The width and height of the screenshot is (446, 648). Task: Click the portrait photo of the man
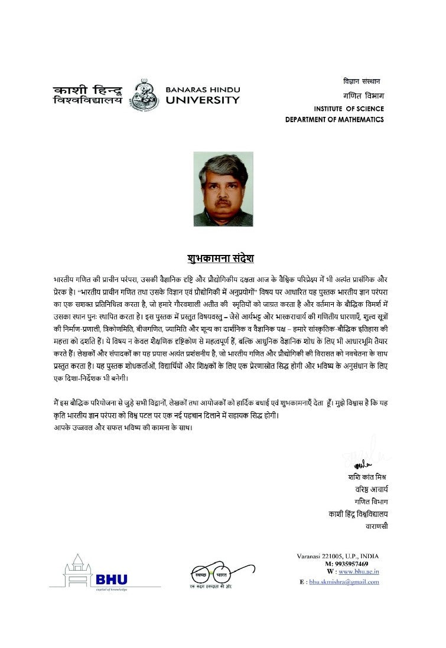(x=223, y=189)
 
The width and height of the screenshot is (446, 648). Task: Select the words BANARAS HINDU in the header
(x=203, y=89)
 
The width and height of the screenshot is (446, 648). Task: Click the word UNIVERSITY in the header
(x=203, y=100)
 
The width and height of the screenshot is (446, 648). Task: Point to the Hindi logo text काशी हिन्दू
(x=87, y=90)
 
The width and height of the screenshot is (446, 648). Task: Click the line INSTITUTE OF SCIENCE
(x=349, y=109)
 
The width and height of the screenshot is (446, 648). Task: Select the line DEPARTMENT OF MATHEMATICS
(x=334, y=120)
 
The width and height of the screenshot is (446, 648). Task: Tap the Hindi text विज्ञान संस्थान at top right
(x=362, y=80)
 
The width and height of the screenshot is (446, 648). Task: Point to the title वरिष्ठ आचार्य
(x=371, y=489)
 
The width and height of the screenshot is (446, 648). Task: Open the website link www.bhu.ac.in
(x=358, y=572)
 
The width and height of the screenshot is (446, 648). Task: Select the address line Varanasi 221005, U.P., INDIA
(x=337, y=556)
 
